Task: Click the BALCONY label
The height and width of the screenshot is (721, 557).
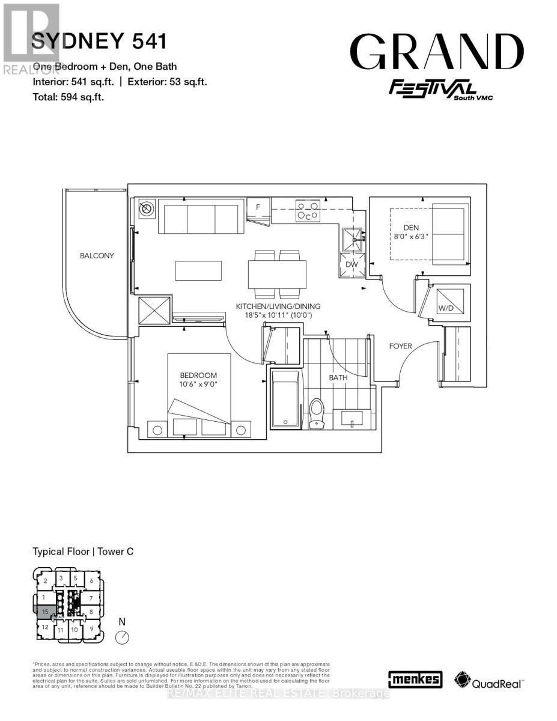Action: coord(97,255)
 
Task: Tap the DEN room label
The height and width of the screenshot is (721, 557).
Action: coord(410,227)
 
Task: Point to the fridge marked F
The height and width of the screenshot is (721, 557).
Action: coord(258,207)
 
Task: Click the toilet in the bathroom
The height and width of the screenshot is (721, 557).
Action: coord(317,413)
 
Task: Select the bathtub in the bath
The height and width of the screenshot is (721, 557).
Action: coord(285,400)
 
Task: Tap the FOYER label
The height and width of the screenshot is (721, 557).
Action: coord(401,346)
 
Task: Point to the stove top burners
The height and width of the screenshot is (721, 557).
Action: coord(307,211)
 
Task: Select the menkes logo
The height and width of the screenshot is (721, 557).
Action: coord(415,680)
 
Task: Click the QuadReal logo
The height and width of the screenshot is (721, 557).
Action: coord(489,680)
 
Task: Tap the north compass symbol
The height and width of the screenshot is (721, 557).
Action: coord(123,637)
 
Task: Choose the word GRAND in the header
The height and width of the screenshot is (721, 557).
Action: coord(437,52)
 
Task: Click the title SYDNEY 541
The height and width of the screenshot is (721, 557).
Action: coord(99,41)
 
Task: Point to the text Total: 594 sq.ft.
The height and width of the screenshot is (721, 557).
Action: coord(68,96)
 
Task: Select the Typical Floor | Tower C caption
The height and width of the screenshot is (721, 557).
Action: coord(83,551)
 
